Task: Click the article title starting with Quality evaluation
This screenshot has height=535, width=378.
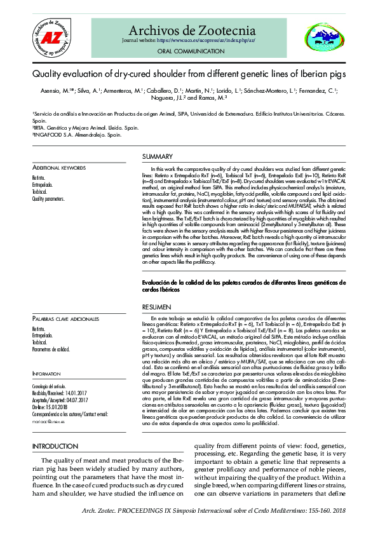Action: click(189, 74)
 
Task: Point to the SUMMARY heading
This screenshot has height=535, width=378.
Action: click(157, 157)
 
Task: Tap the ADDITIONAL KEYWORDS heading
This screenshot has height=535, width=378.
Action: click(58, 168)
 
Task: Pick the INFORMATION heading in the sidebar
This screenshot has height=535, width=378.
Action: click(46, 374)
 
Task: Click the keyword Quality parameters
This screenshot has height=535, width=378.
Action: click(48, 199)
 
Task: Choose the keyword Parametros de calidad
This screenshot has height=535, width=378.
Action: click(51, 349)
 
